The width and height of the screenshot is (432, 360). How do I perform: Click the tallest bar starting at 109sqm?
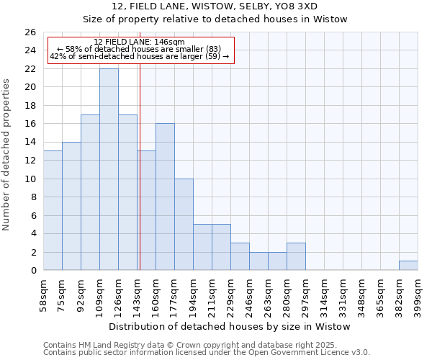click(x=109, y=169)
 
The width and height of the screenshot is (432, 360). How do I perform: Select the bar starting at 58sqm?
click(x=53, y=210)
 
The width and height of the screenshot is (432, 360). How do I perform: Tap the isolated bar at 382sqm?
click(x=408, y=266)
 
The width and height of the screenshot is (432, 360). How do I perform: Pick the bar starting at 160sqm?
click(x=165, y=197)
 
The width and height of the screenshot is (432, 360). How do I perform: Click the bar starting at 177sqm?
click(x=184, y=224)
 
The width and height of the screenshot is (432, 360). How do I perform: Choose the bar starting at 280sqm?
click(x=296, y=256)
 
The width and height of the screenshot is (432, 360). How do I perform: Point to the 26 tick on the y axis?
click(x=30, y=32)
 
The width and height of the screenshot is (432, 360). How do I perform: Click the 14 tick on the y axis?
click(x=30, y=142)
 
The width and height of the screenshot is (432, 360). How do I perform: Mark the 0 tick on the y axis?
click(x=33, y=271)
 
